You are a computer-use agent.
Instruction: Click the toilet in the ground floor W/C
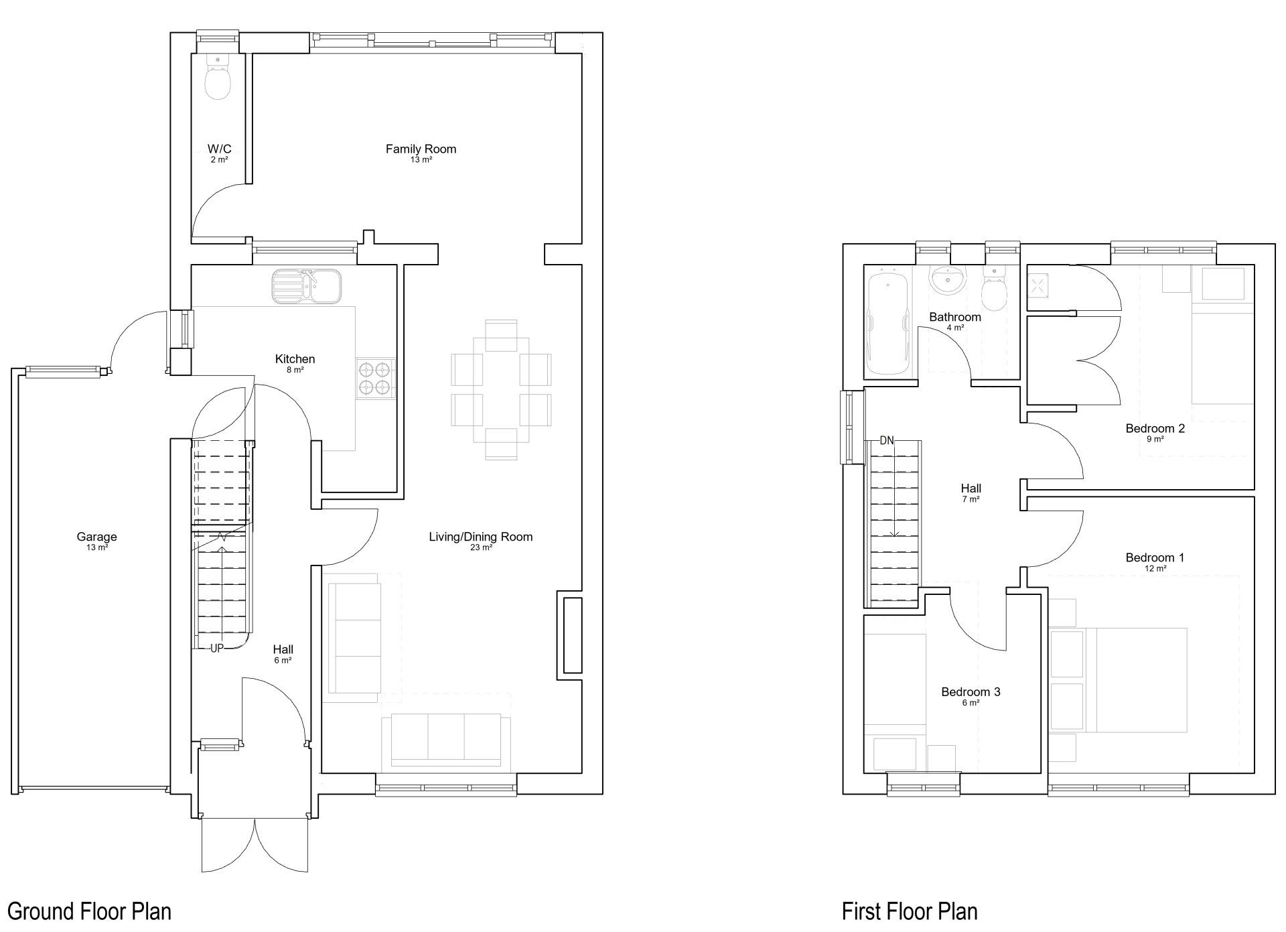click(x=218, y=76)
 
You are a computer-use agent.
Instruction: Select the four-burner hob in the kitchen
click(x=375, y=379)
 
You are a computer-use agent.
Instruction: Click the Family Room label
click(x=421, y=149)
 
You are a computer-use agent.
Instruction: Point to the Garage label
click(x=96, y=536)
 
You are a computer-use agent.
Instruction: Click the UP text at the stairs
click(x=217, y=648)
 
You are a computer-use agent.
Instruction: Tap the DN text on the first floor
click(x=887, y=440)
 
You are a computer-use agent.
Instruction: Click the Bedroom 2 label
click(x=1155, y=428)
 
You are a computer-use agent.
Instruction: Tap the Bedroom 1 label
click(x=1155, y=557)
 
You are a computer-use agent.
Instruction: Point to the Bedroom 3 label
click(x=971, y=691)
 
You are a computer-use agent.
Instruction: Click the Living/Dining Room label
click(x=481, y=536)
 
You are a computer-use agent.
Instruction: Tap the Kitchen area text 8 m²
click(x=295, y=370)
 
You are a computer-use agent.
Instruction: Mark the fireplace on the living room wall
click(x=573, y=635)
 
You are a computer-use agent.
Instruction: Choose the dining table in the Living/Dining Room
click(x=501, y=390)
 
